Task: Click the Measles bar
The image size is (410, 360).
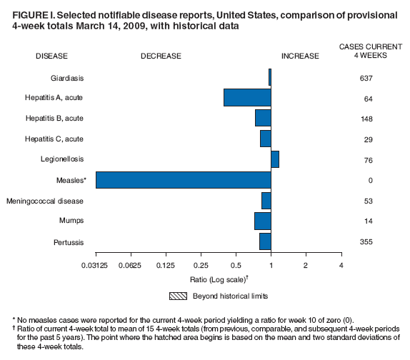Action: click(183, 180)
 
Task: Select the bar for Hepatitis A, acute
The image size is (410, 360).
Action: click(247, 97)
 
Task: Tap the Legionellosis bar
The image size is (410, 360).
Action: click(275, 159)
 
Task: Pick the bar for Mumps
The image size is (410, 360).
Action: click(263, 221)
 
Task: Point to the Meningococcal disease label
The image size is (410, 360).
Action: click(44, 201)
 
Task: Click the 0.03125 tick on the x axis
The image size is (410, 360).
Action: click(96, 266)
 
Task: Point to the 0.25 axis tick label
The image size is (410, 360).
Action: click(201, 266)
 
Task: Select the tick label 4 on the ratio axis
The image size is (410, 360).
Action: click(341, 266)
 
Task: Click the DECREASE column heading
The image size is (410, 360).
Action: click(161, 56)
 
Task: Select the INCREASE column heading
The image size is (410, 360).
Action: click(300, 56)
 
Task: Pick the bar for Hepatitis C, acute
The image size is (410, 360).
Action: click(266, 139)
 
